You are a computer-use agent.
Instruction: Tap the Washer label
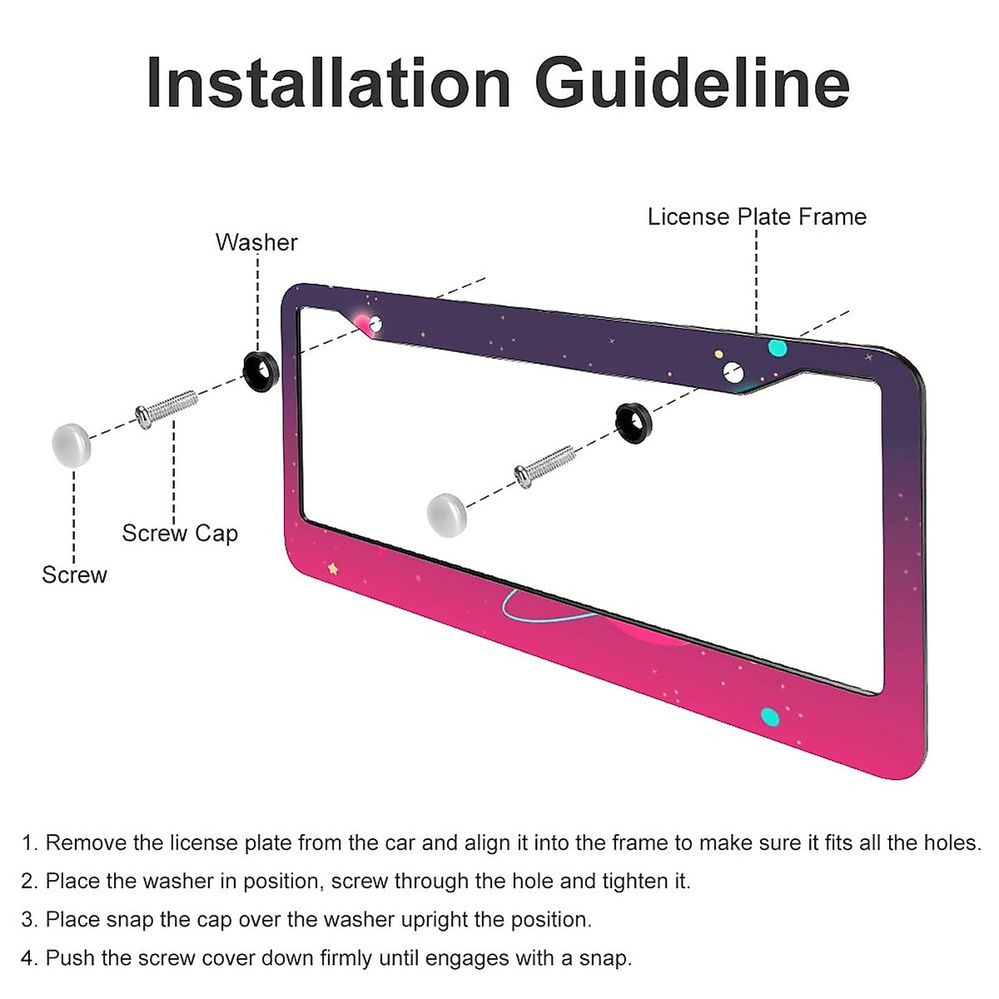tap(256, 242)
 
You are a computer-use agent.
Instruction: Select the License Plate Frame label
tap(757, 217)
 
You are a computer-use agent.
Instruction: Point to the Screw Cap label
tap(180, 533)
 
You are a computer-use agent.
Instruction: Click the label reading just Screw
tap(74, 575)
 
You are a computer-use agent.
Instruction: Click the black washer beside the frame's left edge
tap(259, 371)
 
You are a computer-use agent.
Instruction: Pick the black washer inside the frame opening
tap(634, 422)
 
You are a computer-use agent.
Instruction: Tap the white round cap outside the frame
tap(72, 442)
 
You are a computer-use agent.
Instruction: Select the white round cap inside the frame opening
tap(446, 514)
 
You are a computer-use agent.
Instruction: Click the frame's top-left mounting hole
tap(375, 324)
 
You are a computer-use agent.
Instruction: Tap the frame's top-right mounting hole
tap(733, 371)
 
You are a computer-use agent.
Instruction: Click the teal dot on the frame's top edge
tap(777, 346)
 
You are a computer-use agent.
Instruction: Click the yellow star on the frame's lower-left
tap(333, 569)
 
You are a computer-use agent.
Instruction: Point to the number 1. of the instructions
tap(30, 843)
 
